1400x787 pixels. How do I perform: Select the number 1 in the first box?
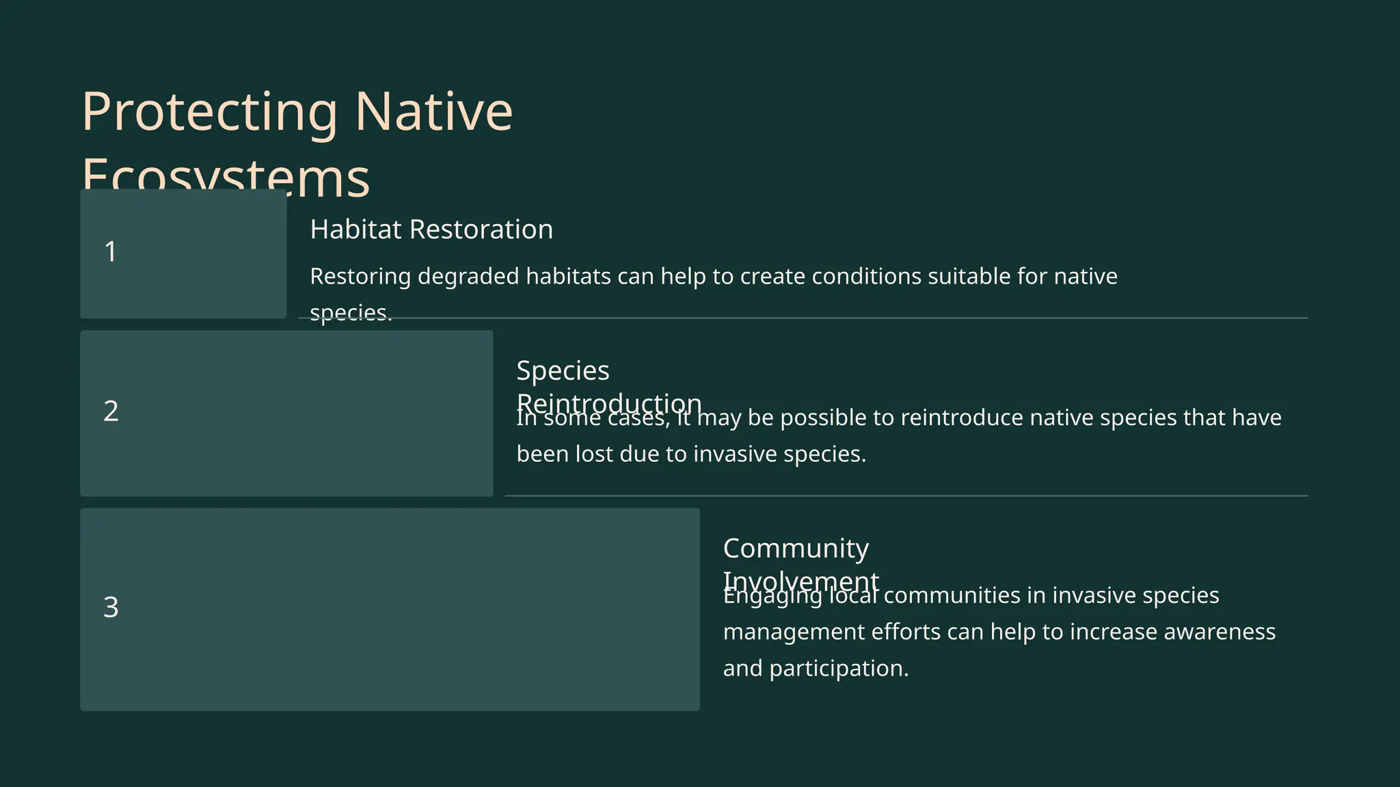pyautogui.click(x=110, y=252)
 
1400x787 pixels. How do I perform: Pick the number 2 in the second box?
pyautogui.click(x=111, y=411)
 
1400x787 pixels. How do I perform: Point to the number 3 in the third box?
pyautogui.click(x=111, y=607)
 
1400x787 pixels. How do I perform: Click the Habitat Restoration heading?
pyautogui.click(x=431, y=230)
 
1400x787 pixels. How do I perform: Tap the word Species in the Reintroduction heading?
pyautogui.click(x=563, y=371)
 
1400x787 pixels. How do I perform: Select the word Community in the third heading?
pyautogui.click(x=796, y=549)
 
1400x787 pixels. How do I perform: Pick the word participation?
pyautogui.click(x=839, y=669)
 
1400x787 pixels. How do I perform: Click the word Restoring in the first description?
pyautogui.click(x=360, y=277)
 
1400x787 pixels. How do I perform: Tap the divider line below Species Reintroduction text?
pyautogui.click(x=906, y=496)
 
